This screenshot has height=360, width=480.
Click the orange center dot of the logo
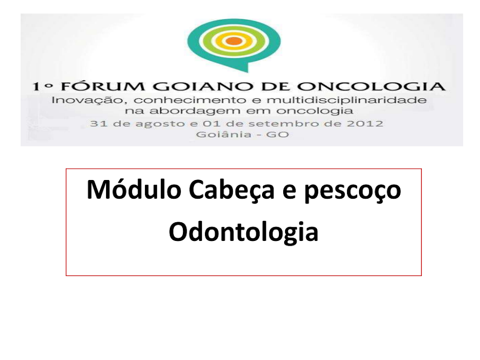(234, 41)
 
